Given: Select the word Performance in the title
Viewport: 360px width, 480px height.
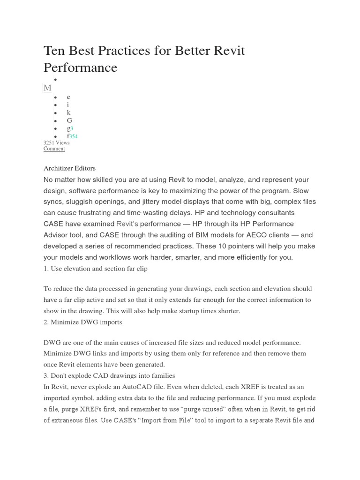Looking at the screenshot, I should [x=80, y=68].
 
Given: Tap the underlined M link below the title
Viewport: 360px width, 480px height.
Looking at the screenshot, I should [x=47, y=88].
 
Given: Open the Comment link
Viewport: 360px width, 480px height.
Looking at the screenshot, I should [x=54, y=149].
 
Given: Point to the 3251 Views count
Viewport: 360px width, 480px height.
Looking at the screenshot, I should [x=56, y=142].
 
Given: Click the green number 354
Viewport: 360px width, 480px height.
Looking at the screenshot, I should [x=74, y=136].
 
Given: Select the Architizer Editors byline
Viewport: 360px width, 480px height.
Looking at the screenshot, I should [x=69, y=168].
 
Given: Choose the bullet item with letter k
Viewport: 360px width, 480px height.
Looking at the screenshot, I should [x=68, y=112].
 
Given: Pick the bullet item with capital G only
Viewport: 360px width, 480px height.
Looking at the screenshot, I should [x=69, y=120].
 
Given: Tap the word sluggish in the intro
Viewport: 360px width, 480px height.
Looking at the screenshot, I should [x=82, y=202].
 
